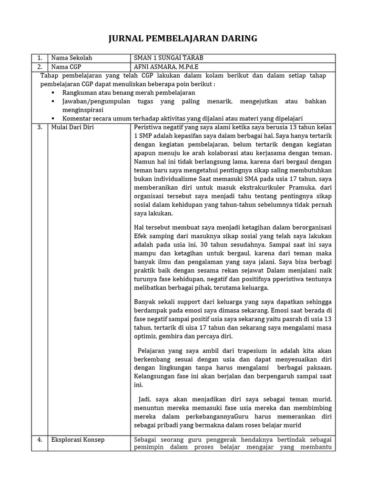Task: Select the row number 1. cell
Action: [40, 58]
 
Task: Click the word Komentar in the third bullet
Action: [78, 119]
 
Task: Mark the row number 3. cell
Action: [40, 128]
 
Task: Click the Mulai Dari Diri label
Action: [72, 128]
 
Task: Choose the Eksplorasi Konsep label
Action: [78, 440]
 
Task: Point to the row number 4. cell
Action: [40, 440]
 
